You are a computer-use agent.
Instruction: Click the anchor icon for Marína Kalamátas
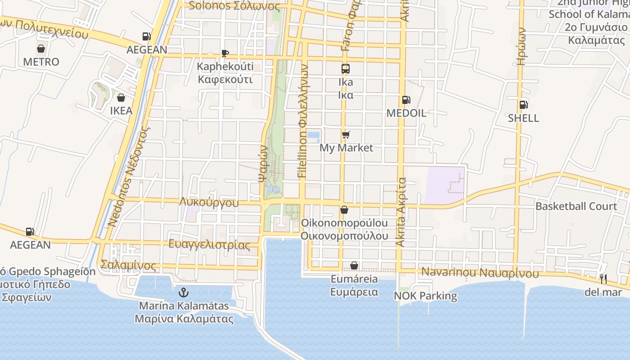pos(183,293)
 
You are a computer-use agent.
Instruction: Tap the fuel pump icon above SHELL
pos(523,105)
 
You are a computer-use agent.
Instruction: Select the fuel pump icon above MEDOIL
pos(406,100)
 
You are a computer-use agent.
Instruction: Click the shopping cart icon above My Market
pos(346,135)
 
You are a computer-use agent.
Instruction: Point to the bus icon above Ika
pos(346,69)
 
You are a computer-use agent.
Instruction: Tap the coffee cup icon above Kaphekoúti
pos(225,54)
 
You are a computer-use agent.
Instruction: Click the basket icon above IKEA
pos(121,98)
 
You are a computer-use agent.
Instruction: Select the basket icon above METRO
pos(41,49)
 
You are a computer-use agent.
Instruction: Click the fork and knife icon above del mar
pos(603,279)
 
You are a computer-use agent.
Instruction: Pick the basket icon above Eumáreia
pos(354,266)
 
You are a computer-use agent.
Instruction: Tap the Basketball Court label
pos(576,207)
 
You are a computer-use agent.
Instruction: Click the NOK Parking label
pos(425,296)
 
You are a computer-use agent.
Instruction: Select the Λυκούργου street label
pos(209,202)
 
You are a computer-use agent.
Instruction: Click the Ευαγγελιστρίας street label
pos(209,245)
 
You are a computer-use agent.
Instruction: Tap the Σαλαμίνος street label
pos(129,265)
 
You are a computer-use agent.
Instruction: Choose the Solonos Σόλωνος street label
pos(234,6)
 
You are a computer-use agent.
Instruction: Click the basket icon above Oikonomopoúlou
pos(344,210)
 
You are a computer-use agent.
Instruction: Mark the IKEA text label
pos(121,111)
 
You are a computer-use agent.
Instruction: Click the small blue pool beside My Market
pos(313,135)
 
